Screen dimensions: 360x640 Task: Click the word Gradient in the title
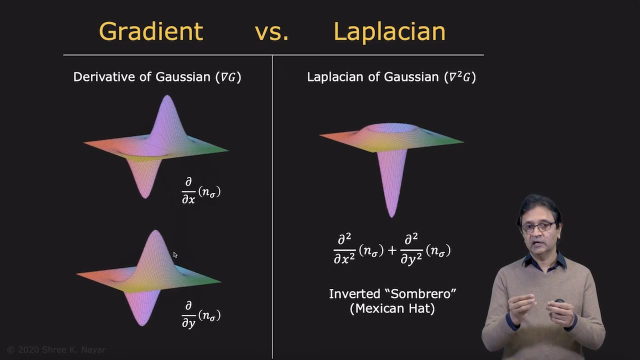pyautogui.click(x=151, y=31)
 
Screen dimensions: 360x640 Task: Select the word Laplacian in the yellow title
pyautogui.click(x=389, y=31)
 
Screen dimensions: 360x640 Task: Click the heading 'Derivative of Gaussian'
pyautogui.click(x=141, y=77)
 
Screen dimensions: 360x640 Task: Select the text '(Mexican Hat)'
pyautogui.click(x=392, y=308)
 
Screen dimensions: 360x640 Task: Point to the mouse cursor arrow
pyautogui.click(x=175, y=255)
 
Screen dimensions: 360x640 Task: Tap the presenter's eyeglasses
pyautogui.click(x=538, y=227)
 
